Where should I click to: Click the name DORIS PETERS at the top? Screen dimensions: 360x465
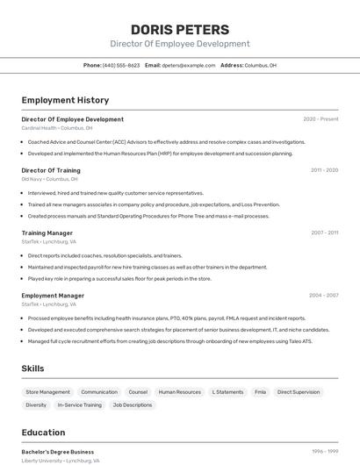pos(180,30)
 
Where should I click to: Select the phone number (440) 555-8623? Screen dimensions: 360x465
pos(121,66)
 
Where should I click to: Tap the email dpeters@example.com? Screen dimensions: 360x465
pos(188,66)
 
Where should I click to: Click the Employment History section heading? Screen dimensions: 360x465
pos(65,101)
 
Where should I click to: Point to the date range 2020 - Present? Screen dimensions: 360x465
pos(320,119)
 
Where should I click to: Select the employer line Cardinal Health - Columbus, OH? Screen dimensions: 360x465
pos(57,128)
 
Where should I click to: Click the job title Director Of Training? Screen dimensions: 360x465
pos(51,170)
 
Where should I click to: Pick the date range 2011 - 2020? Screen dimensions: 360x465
pos(324,170)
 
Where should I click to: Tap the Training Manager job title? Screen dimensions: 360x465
pos(47,233)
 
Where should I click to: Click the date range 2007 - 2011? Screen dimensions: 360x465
pos(324,233)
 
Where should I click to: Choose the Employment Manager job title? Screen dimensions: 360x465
pos(53,296)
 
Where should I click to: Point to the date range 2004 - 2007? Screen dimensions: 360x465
pos(324,296)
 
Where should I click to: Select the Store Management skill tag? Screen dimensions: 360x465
pos(48,392)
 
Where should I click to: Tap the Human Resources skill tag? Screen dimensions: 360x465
pos(180,392)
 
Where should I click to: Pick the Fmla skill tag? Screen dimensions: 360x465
pos(261,392)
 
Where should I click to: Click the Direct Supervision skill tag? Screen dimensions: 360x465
pos(299,392)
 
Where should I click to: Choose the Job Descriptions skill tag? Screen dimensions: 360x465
pos(133,405)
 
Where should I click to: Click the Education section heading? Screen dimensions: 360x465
pos(44,433)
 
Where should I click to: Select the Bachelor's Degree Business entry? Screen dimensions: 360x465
pos(58,452)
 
